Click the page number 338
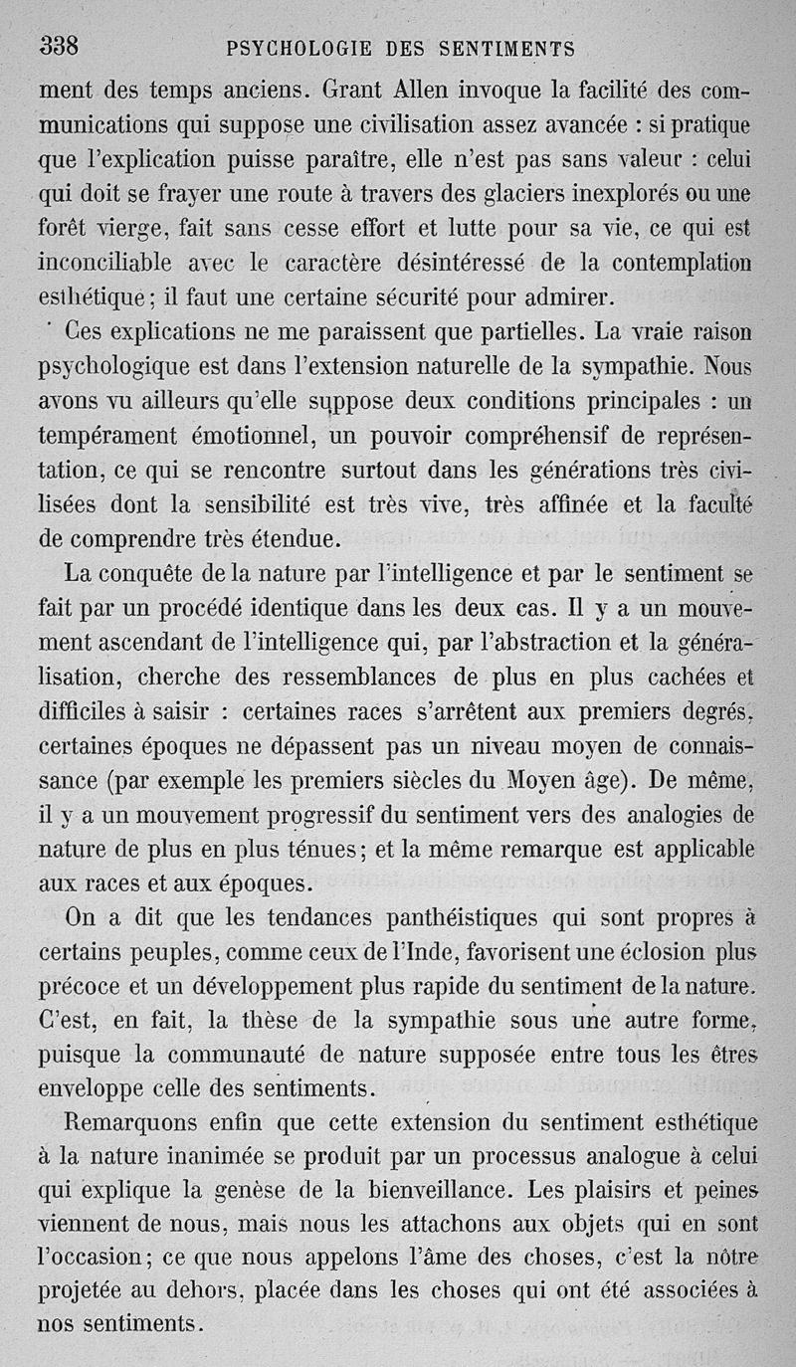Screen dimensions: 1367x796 tap(59, 45)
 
